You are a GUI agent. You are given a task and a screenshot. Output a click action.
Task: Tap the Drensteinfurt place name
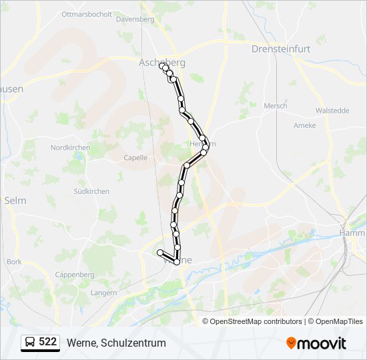[278, 49]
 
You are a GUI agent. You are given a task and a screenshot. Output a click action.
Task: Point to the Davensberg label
[135, 19]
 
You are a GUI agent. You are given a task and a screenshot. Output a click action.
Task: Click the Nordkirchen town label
[70, 147]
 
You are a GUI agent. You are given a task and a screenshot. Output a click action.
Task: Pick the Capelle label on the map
[135, 158]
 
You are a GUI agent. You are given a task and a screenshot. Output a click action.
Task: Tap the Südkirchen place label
[91, 191]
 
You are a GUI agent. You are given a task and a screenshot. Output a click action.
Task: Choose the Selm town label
[15, 200]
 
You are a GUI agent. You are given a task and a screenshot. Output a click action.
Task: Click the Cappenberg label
[75, 275]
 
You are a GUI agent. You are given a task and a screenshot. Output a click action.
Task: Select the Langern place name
[103, 293]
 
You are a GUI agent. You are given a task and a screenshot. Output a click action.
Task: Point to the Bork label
[14, 262]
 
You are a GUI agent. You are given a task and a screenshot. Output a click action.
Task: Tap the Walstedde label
[332, 111]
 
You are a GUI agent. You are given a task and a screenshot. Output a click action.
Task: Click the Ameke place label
[304, 125]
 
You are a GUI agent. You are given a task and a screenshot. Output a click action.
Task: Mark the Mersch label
[276, 106]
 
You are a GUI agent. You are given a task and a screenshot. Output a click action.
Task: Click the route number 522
[47, 342]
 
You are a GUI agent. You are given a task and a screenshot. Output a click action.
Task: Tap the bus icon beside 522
[30, 343]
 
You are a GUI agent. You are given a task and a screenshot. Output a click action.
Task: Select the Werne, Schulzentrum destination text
[116, 343]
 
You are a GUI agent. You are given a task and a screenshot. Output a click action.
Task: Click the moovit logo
[316, 343]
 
